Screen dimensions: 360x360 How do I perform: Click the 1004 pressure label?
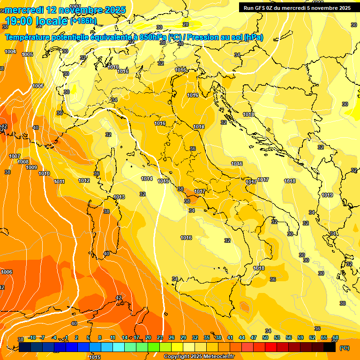pos(10,52)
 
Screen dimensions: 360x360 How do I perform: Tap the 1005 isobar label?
pos(27,54)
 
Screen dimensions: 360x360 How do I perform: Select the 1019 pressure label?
pos(327,195)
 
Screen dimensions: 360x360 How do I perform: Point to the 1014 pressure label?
pos(147,179)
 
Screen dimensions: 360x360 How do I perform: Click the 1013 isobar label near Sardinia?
pos(119,197)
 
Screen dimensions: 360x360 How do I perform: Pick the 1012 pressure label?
pos(84,180)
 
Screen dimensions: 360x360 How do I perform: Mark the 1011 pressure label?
pos(59,181)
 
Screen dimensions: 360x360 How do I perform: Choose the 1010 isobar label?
pos(44,173)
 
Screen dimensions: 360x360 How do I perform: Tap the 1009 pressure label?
pos(31,167)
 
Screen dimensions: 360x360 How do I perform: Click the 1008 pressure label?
pos(23,162)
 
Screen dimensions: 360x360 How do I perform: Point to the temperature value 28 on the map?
pos(186,24)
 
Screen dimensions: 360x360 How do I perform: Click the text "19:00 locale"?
pos(36,21)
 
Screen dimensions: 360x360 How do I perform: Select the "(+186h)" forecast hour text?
pos(83,21)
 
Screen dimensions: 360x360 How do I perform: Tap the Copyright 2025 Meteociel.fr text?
pos(199,357)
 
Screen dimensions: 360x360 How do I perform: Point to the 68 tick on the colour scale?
pos(336,337)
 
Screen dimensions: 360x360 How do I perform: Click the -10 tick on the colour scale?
pos(32,337)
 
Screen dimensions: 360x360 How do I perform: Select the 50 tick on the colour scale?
pos(265,337)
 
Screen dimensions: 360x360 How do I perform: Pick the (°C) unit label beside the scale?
pos(345,348)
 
